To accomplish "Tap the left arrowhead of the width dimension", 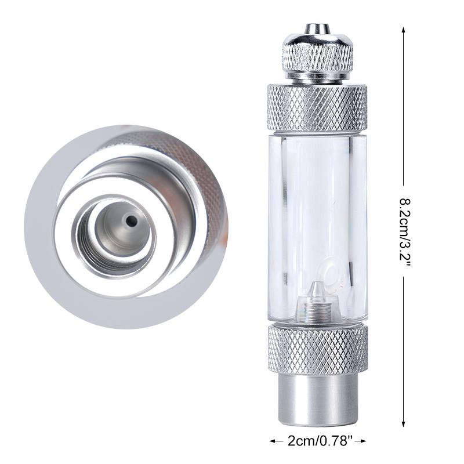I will point(271,441).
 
